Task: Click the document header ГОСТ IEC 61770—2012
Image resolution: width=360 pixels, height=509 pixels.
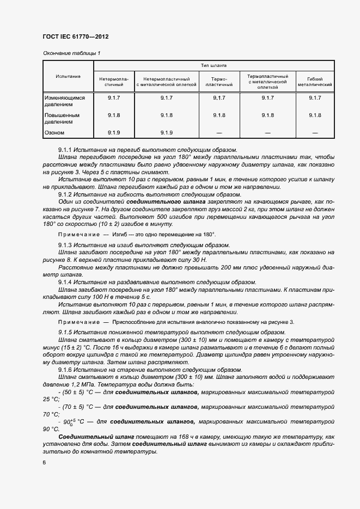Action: pyautogui.click(x=75, y=37)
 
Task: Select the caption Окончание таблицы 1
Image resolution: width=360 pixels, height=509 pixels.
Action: pyautogui.click(x=71, y=53)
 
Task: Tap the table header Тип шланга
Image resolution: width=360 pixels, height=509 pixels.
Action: pyautogui.click(x=213, y=65)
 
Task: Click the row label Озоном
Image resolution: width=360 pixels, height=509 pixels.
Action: pyautogui.click(x=54, y=132)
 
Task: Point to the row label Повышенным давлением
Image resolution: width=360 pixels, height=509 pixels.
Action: pyautogui.click(x=62, y=118)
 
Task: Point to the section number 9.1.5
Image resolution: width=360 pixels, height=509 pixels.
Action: pyautogui.click(x=65, y=332)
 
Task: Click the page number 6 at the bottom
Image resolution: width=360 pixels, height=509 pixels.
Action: pyautogui.click(x=44, y=462)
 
